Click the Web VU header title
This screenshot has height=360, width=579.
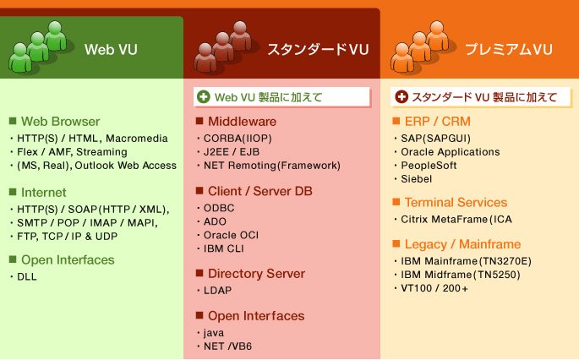[x=111, y=50]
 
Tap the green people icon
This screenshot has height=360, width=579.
[x=38, y=46]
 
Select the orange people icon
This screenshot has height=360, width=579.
[x=421, y=46]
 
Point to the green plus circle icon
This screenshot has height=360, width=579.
[x=204, y=97]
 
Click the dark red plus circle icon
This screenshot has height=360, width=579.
[x=401, y=97]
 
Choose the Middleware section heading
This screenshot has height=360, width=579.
[x=243, y=121]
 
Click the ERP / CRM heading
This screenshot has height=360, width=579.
[x=438, y=121]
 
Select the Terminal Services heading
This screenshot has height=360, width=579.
[x=456, y=202]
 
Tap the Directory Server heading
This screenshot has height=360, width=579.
[x=256, y=273]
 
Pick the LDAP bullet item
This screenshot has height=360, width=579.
[x=217, y=290]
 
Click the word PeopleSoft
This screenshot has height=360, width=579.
[x=429, y=165]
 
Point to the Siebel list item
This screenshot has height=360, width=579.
[x=416, y=178]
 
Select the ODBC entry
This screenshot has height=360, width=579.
[x=219, y=208]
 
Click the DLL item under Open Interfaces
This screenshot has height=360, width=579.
[x=27, y=276]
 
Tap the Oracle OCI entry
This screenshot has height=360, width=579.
[x=231, y=235]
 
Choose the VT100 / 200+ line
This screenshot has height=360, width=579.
[x=434, y=288]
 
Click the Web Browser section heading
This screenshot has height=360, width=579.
[x=60, y=121]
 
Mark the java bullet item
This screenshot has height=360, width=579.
[x=214, y=333]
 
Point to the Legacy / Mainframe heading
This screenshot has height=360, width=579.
[x=462, y=244]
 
